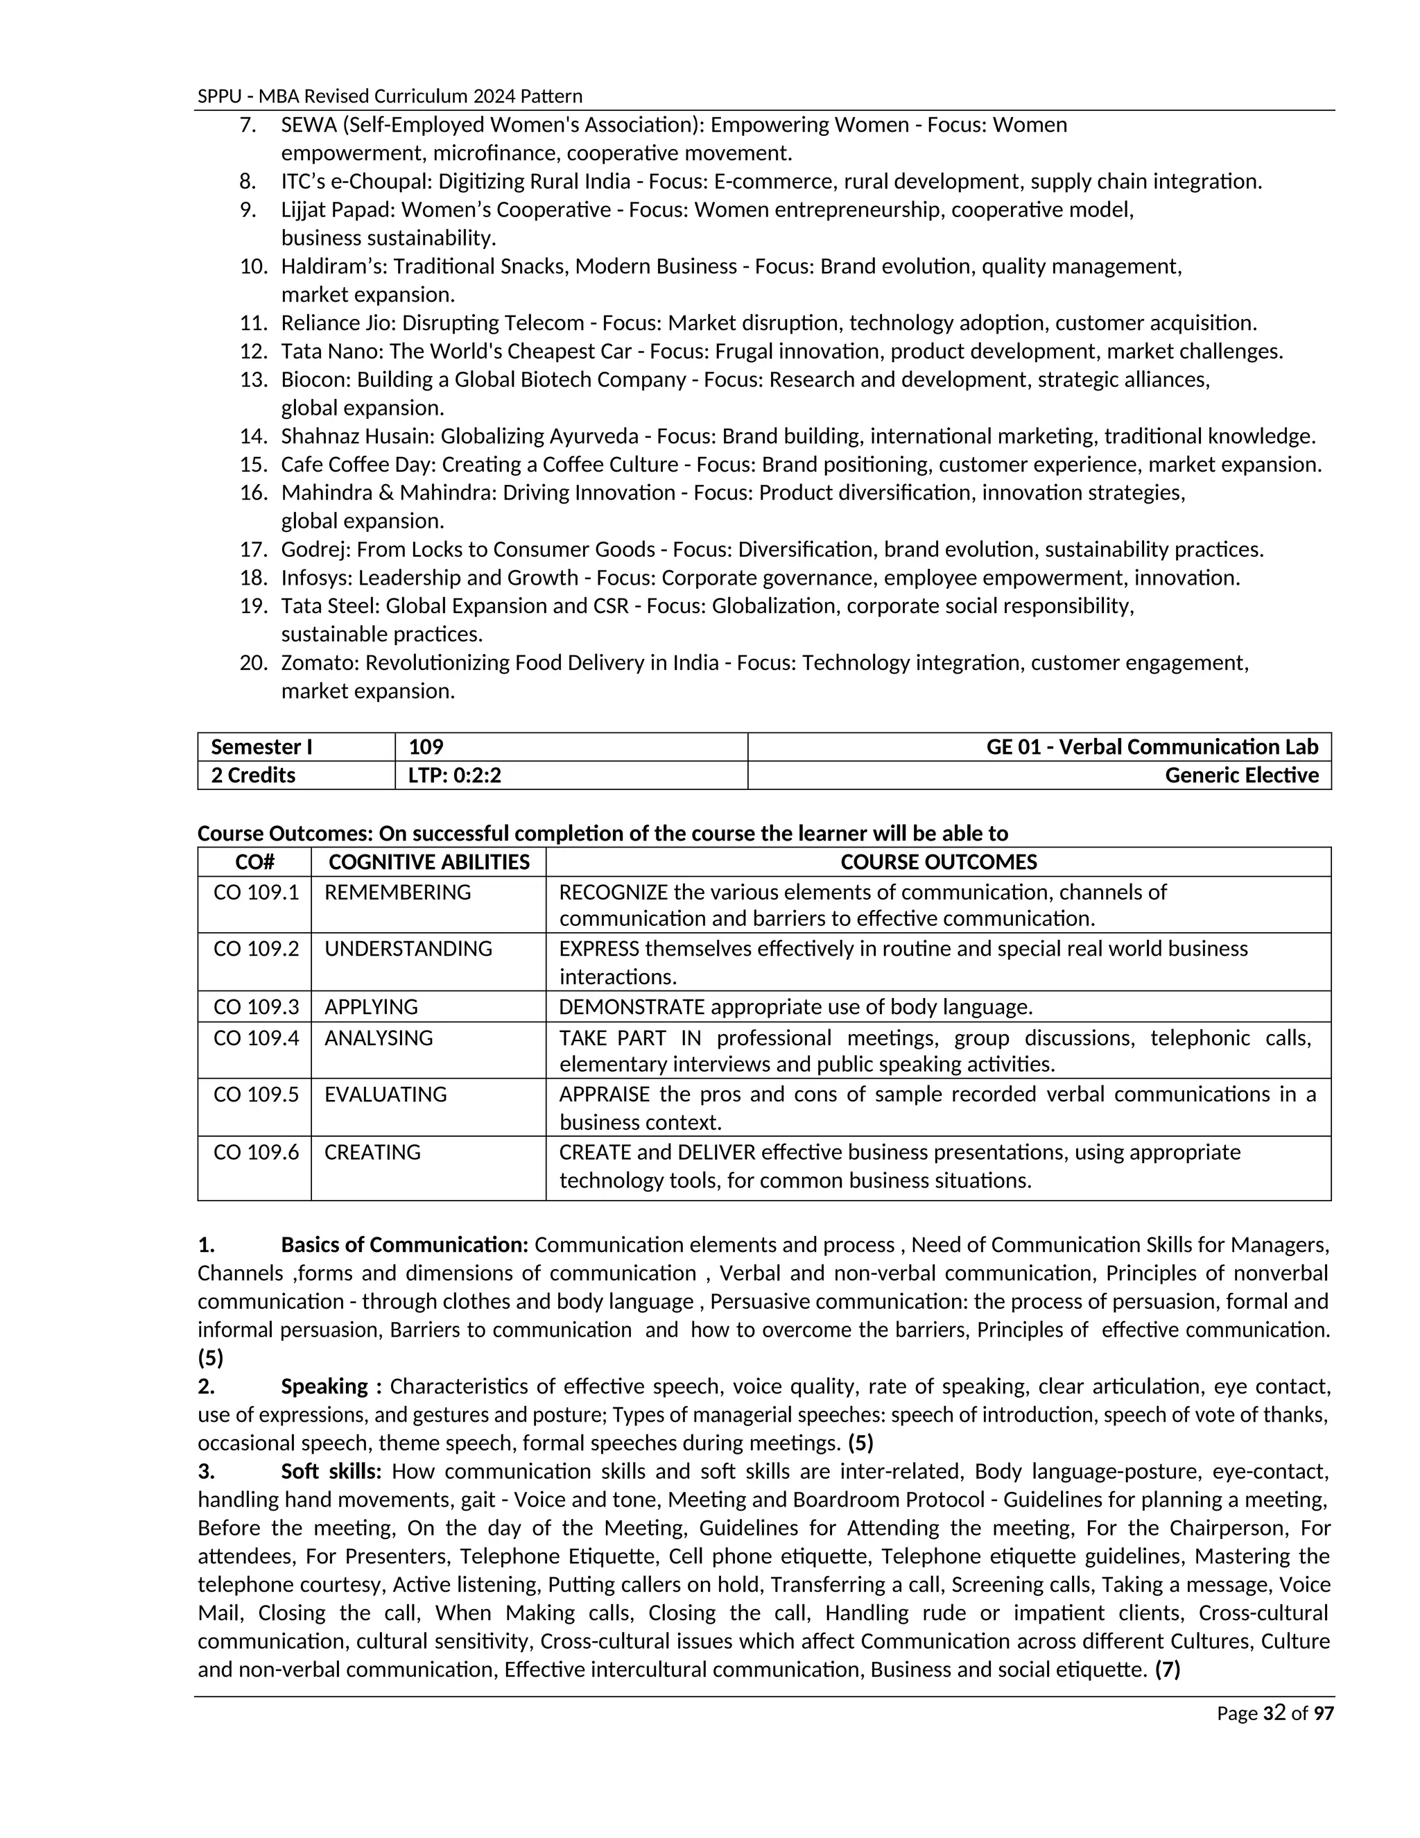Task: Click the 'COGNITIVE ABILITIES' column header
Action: (x=429, y=861)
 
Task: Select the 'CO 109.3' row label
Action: (x=256, y=1006)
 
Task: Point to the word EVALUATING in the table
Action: (x=386, y=1094)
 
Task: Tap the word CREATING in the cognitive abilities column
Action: (x=372, y=1152)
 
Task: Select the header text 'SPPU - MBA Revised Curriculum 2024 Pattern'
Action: (x=390, y=96)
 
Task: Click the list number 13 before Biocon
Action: (x=252, y=379)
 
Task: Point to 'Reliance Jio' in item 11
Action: (x=332, y=323)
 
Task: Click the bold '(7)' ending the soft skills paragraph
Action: (x=1168, y=1669)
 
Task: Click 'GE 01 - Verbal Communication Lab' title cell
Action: (x=1152, y=746)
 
